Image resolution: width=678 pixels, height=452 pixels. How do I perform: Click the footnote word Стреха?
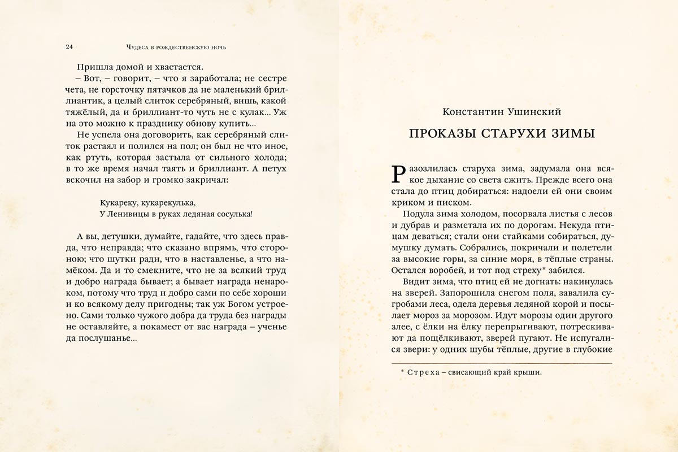(x=422, y=372)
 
